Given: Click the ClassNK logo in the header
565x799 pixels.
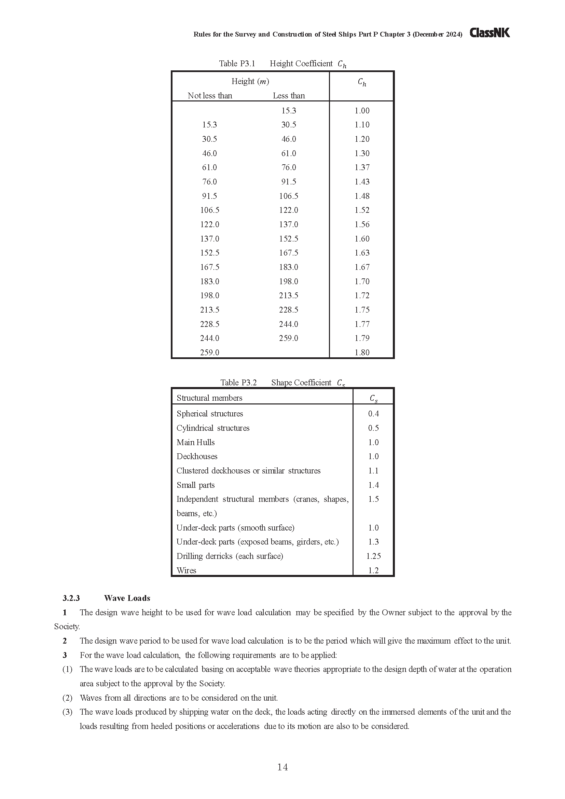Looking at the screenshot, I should click(490, 33).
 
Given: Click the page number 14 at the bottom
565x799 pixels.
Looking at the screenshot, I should click(282, 767).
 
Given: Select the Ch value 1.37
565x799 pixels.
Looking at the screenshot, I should click(362, 167).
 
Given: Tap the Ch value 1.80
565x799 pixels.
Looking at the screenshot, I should click(362, 353).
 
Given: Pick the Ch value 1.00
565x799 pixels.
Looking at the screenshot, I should click(362, 111).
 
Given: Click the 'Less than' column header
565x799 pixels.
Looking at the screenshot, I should click(289, 96).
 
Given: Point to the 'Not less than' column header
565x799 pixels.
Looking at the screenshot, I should click(210, 96).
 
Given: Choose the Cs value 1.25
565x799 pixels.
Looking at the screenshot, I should click(373, 556).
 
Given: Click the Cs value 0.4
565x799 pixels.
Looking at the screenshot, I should click(373, 414).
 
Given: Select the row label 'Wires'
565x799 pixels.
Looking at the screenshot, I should click(187, 570).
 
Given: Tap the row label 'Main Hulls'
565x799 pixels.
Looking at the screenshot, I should click(195, 442).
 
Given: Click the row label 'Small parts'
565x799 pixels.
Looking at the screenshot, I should click(195, 485).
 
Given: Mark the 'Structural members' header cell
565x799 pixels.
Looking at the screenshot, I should click(209, 398).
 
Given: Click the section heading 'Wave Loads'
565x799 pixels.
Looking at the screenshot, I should click(127, 598).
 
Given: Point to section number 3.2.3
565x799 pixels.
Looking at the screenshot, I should click(71, 598).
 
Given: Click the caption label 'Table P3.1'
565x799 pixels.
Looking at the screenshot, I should click(237, 64).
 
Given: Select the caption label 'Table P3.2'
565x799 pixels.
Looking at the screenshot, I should click(238, 383).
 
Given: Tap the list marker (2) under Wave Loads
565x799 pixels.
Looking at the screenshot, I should click(67, 698).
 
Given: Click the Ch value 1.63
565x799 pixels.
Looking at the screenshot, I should click(362, 253).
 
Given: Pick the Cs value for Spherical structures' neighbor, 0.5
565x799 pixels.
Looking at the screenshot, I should click(373, 428).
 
